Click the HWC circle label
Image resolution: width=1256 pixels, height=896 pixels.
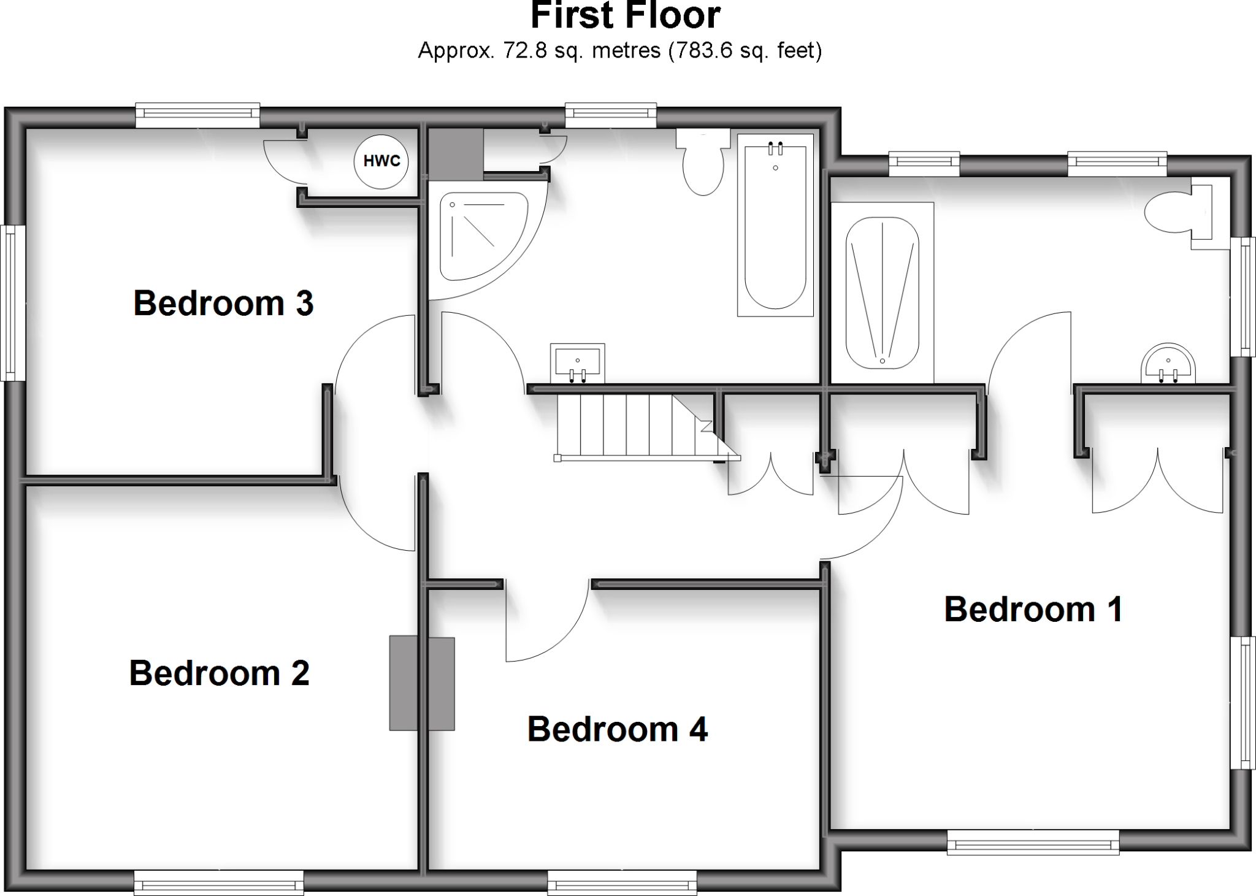(x=381, y=161)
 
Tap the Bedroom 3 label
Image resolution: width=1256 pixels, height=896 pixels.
(x=223, y=303)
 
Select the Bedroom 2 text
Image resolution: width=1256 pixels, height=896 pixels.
(x=219, y=673)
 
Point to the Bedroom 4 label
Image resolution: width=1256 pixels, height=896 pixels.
(x=617, y=729)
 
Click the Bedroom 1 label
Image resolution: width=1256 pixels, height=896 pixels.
(x=1033, y=609)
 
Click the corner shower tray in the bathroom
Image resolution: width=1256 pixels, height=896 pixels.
(x=481, y=236)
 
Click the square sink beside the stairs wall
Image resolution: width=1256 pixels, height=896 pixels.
(x=577, y=362)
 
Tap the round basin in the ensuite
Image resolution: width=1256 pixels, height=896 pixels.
(x=1168, y=365)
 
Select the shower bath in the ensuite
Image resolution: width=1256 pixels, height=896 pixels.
(x=882, y=293)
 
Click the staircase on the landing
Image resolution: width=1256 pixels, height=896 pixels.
(x=638, y=426)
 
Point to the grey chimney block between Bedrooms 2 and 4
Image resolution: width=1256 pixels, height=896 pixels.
(x=422, y=683)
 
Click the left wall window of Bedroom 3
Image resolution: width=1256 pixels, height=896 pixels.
(x=13, y=304)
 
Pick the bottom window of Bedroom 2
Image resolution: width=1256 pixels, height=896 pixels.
(x=218, y=883)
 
